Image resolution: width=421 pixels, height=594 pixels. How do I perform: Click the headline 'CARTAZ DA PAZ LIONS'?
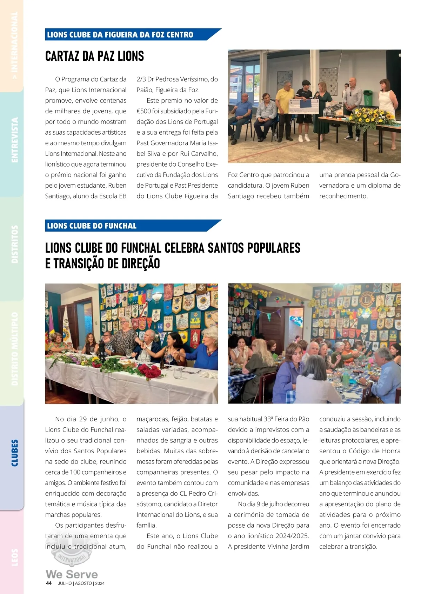pyautogui.click(x=94, y=56)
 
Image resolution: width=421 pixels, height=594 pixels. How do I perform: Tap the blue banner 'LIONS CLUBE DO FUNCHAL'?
pyautogui.click(x=92, y=226)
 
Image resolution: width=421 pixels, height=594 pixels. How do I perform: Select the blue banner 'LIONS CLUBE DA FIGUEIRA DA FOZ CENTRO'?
pyautogui.click(x=120, y=35)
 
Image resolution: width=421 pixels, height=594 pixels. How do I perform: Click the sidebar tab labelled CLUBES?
pyautogui.click(x=14, y=453)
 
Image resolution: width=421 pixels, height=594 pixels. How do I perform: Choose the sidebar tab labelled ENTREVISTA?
pyautogui.click(x=14, y=140)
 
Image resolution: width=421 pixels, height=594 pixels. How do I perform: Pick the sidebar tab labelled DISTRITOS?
pyautogui.click(x=14, y=244)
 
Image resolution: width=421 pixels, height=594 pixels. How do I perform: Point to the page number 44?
pyautogui.click(x=49, y=583)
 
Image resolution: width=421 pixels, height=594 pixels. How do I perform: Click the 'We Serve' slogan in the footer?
pyautogui.click(x=72, y=574)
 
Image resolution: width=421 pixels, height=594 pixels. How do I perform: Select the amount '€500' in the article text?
pyautogui.click(x=144, y=111)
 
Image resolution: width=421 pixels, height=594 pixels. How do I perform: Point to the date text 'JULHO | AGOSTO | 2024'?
pyautogui.click(x=81, y=583)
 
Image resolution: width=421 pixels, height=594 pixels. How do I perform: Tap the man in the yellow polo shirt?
pyautogui.click(x=285, y=105)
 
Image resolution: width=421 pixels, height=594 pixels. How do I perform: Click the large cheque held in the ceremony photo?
pyautogui.click(x=304, y=106)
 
